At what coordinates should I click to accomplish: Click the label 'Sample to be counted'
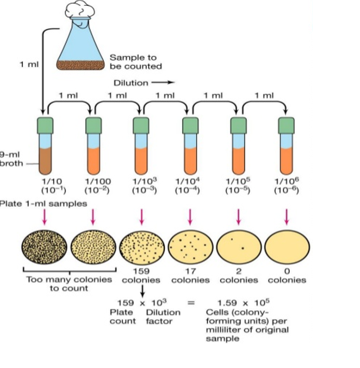pyautogui.click(x=136, y=61)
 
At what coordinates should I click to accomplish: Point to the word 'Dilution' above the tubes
pyautogui.click(x=131, y=83)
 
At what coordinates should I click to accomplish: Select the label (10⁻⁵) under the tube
pyautogui.click(x=238, y=190)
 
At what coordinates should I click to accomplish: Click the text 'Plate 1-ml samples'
pyautogui.click(x=43, y=204)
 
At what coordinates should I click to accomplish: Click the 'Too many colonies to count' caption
pyautogui.click(x=69, y=284)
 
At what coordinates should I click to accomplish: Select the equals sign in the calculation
pyautogui.click(x=191, y=302)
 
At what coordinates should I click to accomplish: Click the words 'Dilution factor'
pyautogui.click(x=163, y=317)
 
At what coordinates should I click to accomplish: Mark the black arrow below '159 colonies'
pyautogui.click(x=142, y=290)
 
